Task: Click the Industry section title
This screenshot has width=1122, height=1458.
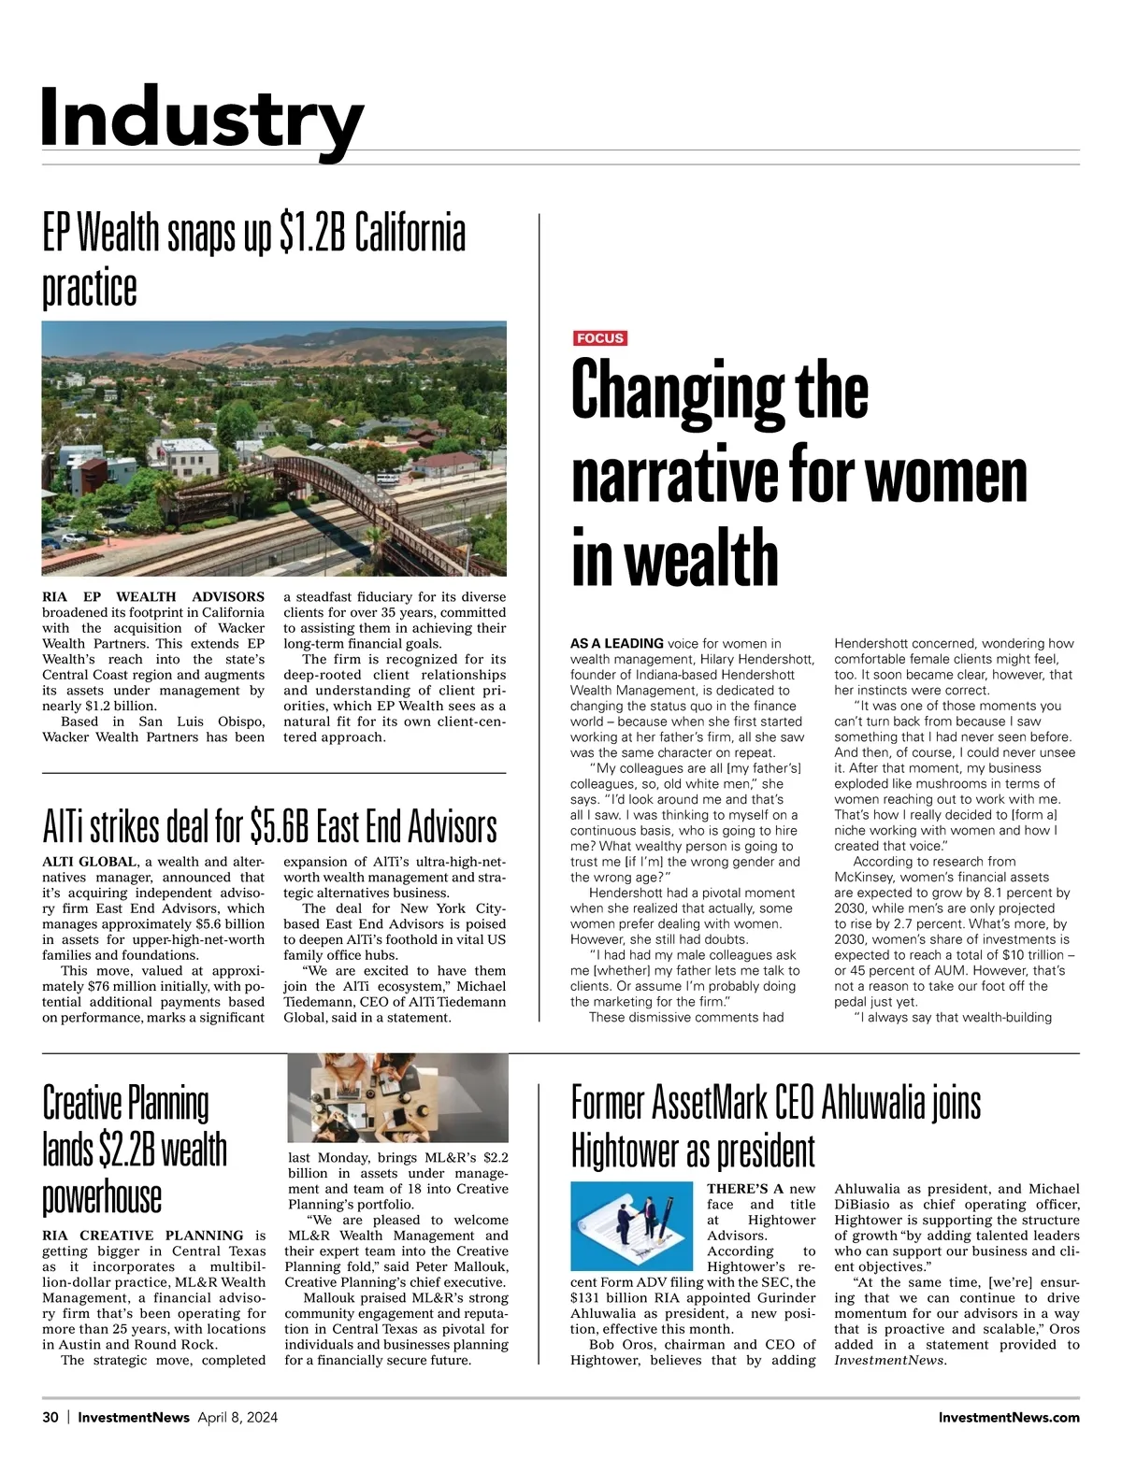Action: click(x=201, y=117)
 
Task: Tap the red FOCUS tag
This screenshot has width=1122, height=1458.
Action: click(x=599, y=338)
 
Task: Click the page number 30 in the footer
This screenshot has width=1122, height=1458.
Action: click(x=50, y=1418)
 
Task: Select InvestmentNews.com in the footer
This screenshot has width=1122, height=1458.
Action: click(x=1009, y=1418)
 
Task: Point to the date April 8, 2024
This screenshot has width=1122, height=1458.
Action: click(x=237, y=1418)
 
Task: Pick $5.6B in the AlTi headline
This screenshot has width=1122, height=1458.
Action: click(x=280, y=826)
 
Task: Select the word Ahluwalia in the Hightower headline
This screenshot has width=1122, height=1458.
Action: click(x=873, y=1103)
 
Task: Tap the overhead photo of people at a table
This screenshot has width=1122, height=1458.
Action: click(x=397, y=1097)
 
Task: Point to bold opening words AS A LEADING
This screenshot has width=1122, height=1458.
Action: click(x=617, y=643)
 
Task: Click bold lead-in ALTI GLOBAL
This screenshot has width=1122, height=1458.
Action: click(x=90, y=862)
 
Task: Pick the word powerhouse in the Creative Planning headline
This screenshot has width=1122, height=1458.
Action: click(x=102, y=1196)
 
